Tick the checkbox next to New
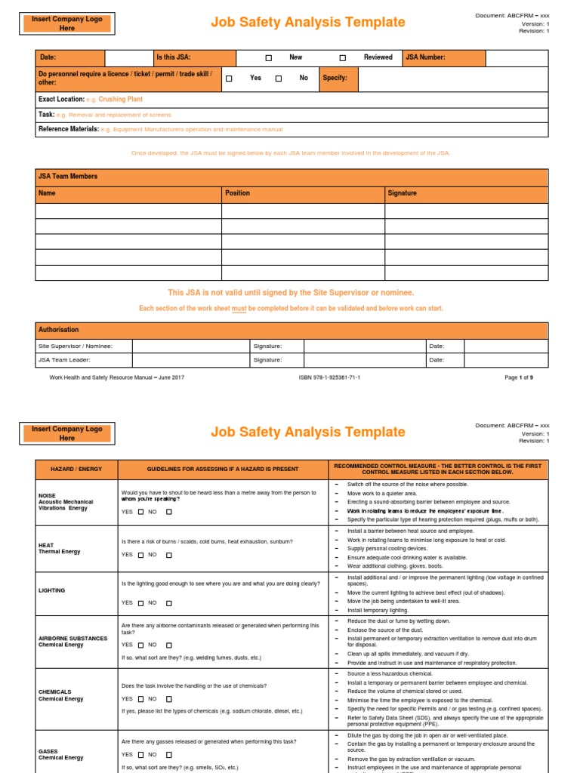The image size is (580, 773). pos(268,58)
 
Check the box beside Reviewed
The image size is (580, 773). pos(342,58)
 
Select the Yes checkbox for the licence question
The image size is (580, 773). pos(229,79)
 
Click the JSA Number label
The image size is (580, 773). pos(425,57)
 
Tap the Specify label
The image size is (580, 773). pos(335,79)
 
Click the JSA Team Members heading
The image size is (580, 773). pos(67,177)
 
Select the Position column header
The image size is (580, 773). pos(237,193)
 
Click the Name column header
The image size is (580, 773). pos(47,193)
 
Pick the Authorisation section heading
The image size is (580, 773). pos(58,330)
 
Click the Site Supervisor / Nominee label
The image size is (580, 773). pos(75,346)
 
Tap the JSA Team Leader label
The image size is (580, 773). pos(66,360)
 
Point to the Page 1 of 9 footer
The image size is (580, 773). pos(519,377)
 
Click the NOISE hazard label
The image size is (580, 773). pos(47,495)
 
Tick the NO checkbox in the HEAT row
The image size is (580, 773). pos(169,555)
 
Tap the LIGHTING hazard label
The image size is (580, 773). pos(51,590)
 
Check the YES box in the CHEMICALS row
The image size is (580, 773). pos(140,699)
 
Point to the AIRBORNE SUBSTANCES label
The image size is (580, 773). pos(72,638)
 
